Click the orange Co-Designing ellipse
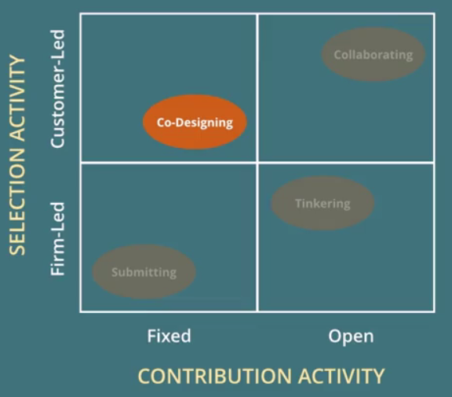195,122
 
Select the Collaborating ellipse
374,54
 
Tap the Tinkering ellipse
323,203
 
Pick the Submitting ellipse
144,272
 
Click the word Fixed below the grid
169,336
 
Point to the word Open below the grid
351,336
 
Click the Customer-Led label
57,89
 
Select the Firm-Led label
57,239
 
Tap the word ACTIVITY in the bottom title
341,376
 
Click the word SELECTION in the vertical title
17,201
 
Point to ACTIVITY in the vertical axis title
17,98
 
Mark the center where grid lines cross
257,163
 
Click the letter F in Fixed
151,336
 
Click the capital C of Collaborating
337,54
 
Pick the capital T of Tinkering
299,204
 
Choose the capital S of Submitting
115,272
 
